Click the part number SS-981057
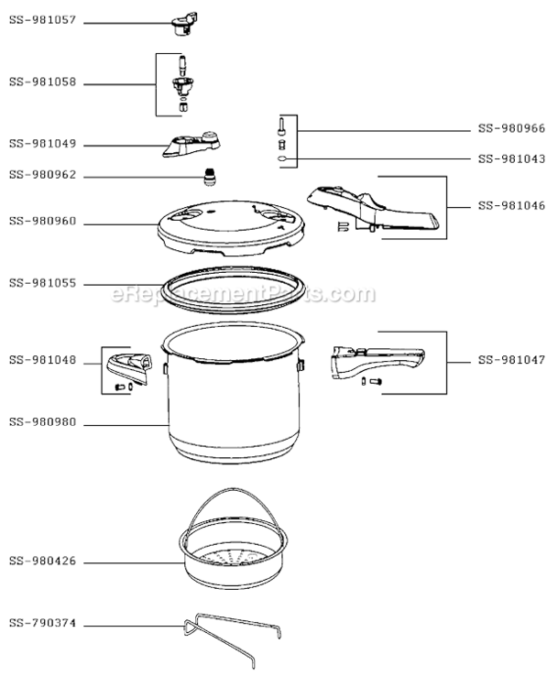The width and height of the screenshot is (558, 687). (x=42, y=18)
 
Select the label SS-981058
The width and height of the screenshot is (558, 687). (x=42, y=82)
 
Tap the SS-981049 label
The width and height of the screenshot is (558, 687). (x=42, y=144)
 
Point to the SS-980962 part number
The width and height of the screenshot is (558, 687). (x=42, y=174)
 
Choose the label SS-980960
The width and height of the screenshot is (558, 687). (x=42, y=221)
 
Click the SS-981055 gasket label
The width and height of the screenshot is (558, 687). (x=42, y=284)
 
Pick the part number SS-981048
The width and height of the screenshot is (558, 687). (x=42, y=364)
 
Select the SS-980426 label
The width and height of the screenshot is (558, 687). (x=42, y=562)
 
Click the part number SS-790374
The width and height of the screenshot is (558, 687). (x=42, y=625)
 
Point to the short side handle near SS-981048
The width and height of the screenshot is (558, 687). (x=131, y=366)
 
